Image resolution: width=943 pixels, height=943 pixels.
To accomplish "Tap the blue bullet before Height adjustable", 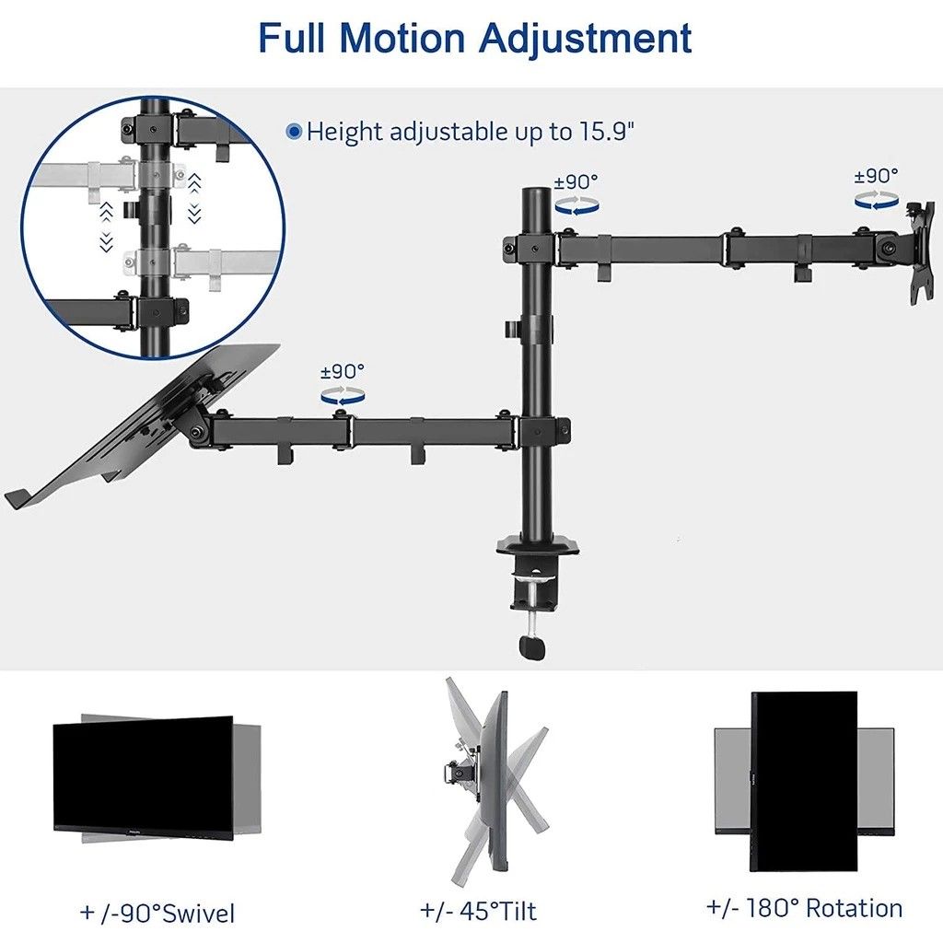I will pyautogui.click(x=294, y=132).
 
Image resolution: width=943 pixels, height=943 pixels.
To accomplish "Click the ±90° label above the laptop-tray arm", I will pyautogui.click(x=342, y=372).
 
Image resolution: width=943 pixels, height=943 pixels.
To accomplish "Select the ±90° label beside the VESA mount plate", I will pyautogui.click(x=876, y=175).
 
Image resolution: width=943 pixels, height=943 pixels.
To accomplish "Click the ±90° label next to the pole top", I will pyautogui.click(x=576, y=181).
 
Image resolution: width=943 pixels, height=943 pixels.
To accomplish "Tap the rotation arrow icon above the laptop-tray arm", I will pyautogui.click(x=342, y=394).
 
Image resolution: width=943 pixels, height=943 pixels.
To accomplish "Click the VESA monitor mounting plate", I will pyautogui.click(x=919, y=253).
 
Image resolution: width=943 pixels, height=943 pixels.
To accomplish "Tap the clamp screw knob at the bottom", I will pyautogui.click(x=532, y=647).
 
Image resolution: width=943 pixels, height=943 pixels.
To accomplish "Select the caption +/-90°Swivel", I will pyautogui.click(x=157, y=914).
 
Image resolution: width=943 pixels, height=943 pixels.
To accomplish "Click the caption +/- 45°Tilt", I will pyautogui.click(x=478, y=912).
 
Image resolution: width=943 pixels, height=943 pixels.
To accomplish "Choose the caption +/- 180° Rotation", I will pyautogui.click(x=805, y=908).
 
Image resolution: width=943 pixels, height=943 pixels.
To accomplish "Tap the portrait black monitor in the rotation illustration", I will pyautogui.click(x=804, y=781).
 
